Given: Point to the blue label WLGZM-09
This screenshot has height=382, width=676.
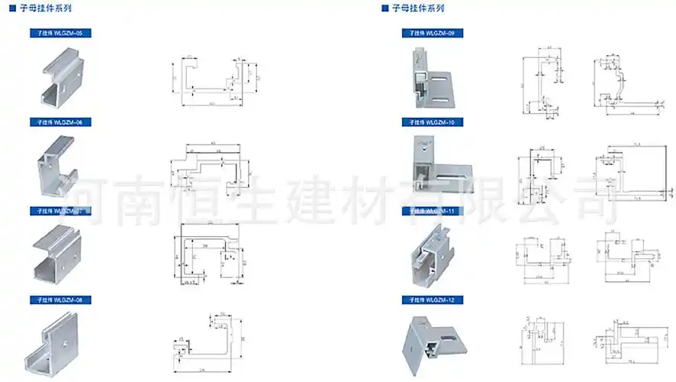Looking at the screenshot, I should tap(432, 34).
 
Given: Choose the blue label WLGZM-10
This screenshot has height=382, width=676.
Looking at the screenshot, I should tap(432, 122).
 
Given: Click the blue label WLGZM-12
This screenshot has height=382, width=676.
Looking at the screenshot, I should tap(432, 299).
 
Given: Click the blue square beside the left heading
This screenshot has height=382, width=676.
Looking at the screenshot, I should tap(12, 8).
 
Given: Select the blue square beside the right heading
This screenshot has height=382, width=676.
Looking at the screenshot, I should tap(385, 8).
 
